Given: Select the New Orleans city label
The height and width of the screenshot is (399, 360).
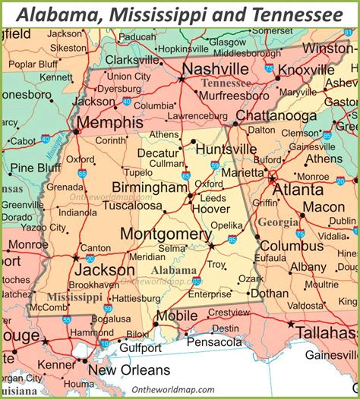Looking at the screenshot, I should tap(129, 370).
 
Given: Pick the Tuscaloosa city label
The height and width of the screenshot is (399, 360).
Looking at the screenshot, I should tap(133, 206).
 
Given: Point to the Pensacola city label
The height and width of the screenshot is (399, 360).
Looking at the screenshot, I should tap(215, 342).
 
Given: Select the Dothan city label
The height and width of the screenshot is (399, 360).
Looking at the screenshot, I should tap(270, 293).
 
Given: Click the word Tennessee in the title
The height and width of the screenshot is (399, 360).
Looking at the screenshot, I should tap(289, 14).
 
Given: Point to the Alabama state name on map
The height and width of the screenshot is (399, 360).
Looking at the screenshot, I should tap(175, 270).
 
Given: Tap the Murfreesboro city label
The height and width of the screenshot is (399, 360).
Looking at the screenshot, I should tap(235, 96).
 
